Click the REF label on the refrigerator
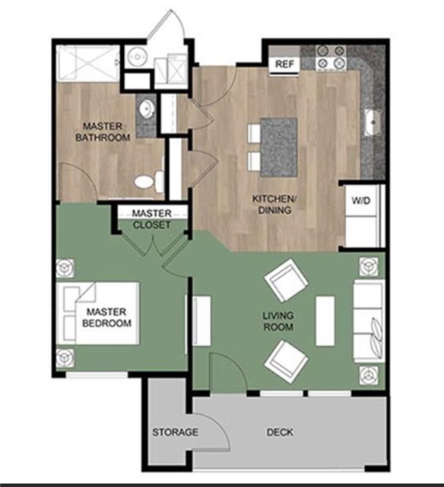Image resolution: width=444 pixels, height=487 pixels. [x=285, y=64]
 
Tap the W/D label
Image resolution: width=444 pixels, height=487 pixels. [x=360, y=201]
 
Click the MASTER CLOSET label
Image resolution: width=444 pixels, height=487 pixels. [x=152, y=219]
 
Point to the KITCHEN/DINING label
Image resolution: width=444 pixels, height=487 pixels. [x=273, y=205]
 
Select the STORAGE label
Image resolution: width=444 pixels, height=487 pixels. [x=175, y=432]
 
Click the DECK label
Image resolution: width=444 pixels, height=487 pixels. [x=280, y=432]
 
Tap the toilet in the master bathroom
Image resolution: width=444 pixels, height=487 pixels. [x=147, y=182]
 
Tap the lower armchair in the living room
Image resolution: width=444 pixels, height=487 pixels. [x=285, y=360]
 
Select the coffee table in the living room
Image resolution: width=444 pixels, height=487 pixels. [x=325, y=320]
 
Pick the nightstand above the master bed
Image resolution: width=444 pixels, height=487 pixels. [x=64, y=268]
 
